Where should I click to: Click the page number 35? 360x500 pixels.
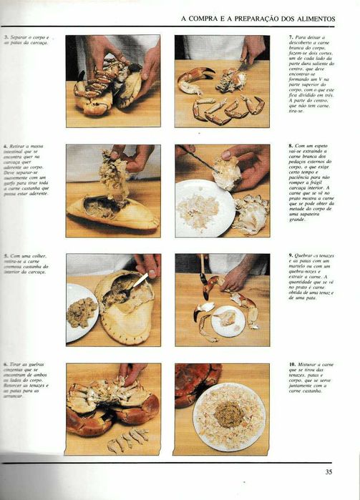329,471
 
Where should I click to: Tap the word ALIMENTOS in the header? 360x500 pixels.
317,18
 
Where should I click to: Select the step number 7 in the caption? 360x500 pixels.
291,36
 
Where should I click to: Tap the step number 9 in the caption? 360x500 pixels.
291,255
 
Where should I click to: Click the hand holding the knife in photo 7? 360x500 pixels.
252,50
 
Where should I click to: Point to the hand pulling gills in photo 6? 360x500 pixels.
132,372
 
